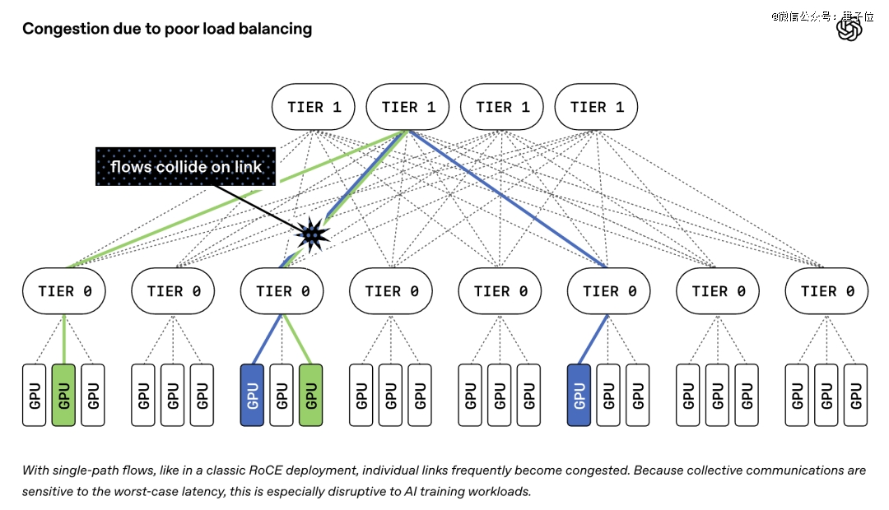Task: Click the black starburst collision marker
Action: (312, 234)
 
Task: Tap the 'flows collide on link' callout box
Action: (185, 167)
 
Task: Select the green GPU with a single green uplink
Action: (63, 395)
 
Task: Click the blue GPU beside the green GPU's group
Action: (253, 395)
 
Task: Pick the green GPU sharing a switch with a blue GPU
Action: (310, 395)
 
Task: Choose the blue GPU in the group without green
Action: (579, 395)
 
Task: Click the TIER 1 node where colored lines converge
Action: (407, 107)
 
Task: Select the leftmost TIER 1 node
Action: (314, 107)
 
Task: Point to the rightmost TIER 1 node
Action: (596, 107)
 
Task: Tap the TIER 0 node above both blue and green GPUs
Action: (282, 291)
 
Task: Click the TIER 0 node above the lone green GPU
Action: (64, 291)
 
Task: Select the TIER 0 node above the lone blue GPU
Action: (609, 291)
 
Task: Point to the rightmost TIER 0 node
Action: (826, 291)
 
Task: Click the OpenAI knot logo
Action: (849, 29)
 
